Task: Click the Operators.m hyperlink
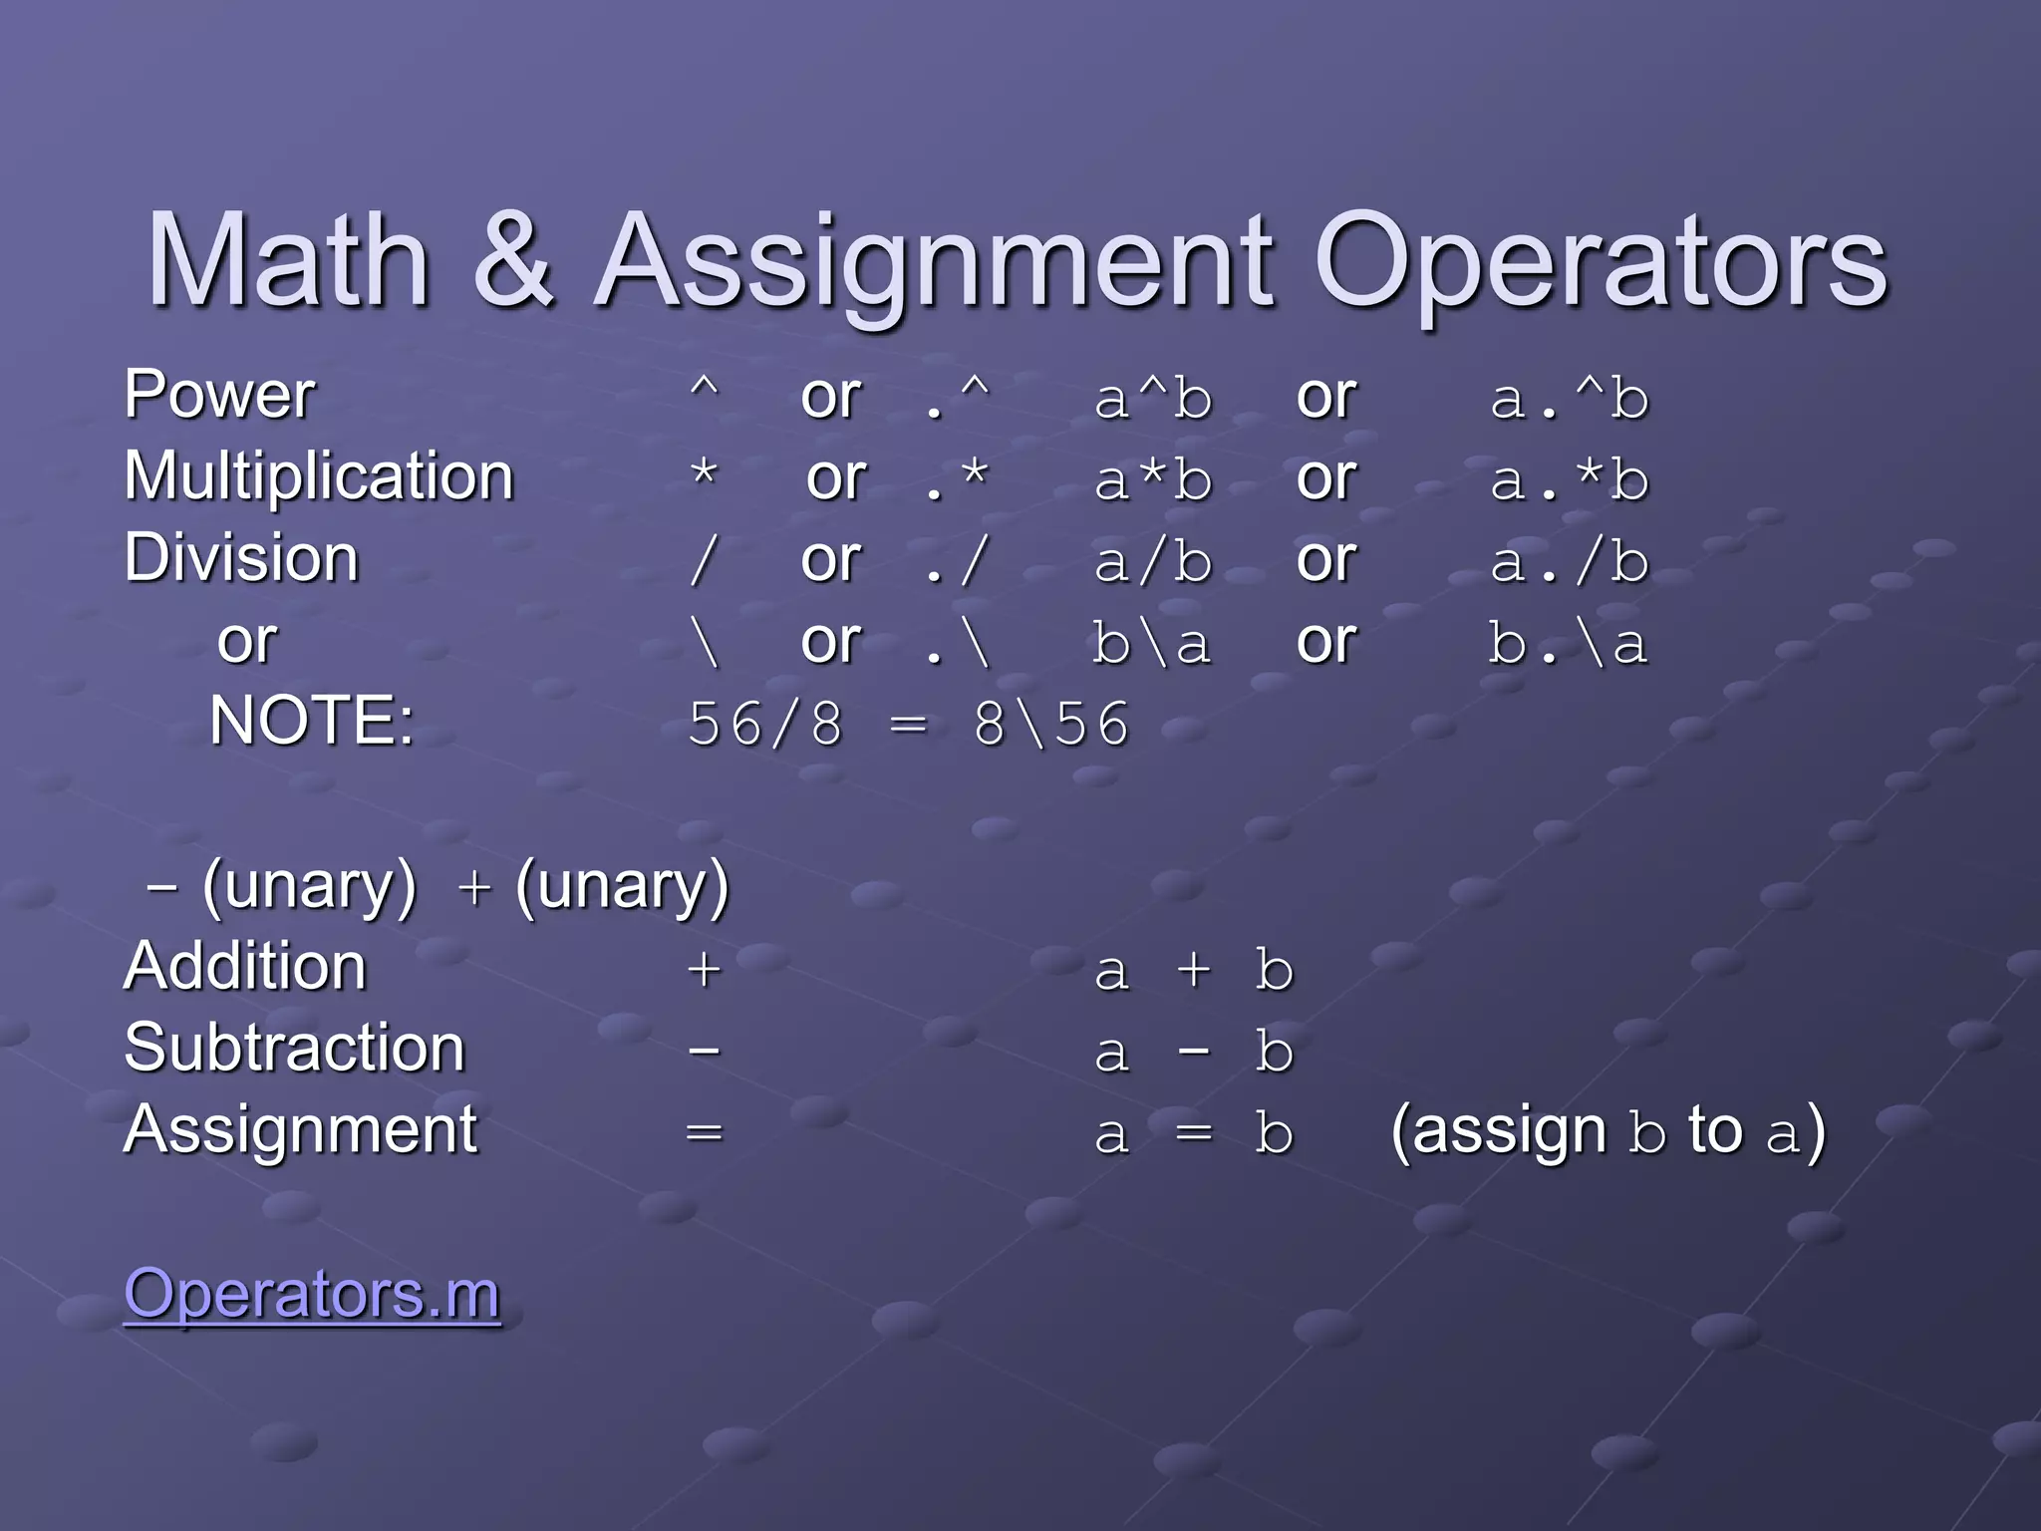click(312, 1294)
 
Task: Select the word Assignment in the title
click(936, 261)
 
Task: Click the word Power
click(220, 395)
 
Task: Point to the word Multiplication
click(319, 476)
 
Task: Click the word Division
click(241, 558)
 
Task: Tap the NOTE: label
click(312, 721)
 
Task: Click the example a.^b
click(1570, 400)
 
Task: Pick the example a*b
click(1153, 480)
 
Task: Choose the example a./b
click(1570, 562)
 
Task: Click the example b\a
click(1151, 644)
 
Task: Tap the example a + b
click(1194, 970)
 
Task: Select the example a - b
click(1194, 1052)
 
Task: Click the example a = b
click(1194, 1133)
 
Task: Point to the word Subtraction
click(295, 1049)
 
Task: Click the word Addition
click(245, 967)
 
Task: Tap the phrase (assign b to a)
click(1607, 1132)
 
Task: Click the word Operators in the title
click(1602, 261)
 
